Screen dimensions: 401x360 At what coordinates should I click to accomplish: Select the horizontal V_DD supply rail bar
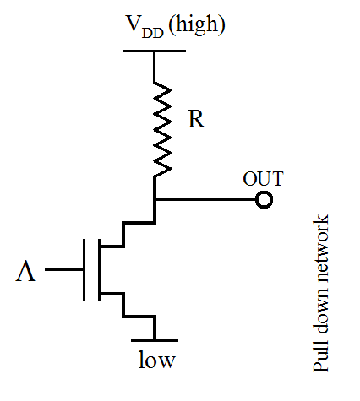point(155,51)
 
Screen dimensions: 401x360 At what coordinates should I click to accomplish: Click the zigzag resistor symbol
point(155,127)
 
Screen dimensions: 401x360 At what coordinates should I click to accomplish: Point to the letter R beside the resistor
point(196,120)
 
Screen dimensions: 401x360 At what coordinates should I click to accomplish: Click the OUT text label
point(263,179)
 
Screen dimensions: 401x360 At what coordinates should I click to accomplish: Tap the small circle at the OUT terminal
point(265,200)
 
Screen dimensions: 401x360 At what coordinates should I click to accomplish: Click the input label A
point(28,271)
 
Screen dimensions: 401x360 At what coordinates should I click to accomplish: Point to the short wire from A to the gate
point(64,270)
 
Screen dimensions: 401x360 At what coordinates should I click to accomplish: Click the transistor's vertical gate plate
point(85,270)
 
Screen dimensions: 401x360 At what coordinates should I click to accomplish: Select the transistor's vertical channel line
point(100,270)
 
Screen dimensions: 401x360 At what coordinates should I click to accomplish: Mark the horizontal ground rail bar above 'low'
point(155,338)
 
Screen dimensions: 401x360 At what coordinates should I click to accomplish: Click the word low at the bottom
point(156,361)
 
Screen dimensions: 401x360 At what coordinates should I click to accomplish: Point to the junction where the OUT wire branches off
point(155,200)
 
